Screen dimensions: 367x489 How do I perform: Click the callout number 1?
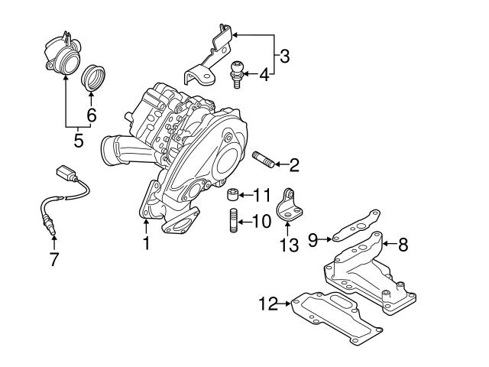pos(146,244)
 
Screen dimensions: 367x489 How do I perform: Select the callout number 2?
pos(293,164)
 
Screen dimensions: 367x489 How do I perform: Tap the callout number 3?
pos(284,56)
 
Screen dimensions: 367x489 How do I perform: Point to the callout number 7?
pos(53,260)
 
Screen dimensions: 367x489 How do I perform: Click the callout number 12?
pos(266,304)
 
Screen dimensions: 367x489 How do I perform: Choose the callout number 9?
pos(312,240)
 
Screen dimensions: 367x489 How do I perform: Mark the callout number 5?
pos(77,141)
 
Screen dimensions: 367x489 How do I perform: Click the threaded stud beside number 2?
pos(262,162)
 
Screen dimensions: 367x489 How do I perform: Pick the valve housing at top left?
pos(60,54)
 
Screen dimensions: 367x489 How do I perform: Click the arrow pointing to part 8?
pos(387,245)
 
